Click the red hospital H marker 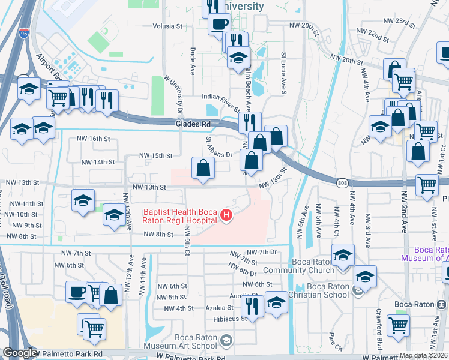tap(226, 215)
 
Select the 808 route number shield tap(341, 184)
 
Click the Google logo tap(19, 353)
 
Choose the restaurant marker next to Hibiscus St tap(252, 305)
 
